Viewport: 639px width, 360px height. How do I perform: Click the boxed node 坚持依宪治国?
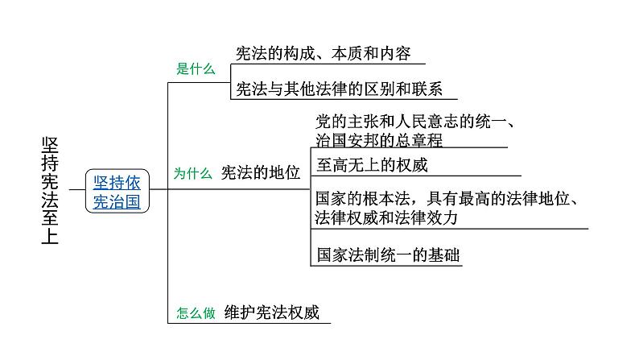tap(117, 191)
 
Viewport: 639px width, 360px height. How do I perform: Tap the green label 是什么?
tap(196, 68)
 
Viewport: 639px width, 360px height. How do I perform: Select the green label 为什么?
tap(193, 173)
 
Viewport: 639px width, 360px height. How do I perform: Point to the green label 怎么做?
tap(196, 312)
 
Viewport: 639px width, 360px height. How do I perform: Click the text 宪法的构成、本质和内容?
tap(324, 53)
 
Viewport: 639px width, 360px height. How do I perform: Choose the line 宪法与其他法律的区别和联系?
tap(339, 89)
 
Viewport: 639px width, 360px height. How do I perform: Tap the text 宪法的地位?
tap(261, 173)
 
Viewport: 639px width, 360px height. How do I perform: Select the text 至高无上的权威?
tap(372, 165)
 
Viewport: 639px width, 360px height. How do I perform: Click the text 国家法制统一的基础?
tap(389, 254)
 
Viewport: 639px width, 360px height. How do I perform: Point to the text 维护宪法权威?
tap(272, 312)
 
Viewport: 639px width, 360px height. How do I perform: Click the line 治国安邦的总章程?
tap(379, 140)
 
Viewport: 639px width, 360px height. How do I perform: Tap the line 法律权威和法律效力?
tap(386, 217)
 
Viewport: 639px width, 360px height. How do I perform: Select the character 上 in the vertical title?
tap(50, 236)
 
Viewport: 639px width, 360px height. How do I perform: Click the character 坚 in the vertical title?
tap(50, 146)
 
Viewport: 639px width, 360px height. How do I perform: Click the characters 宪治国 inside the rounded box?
tap(117, 202)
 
